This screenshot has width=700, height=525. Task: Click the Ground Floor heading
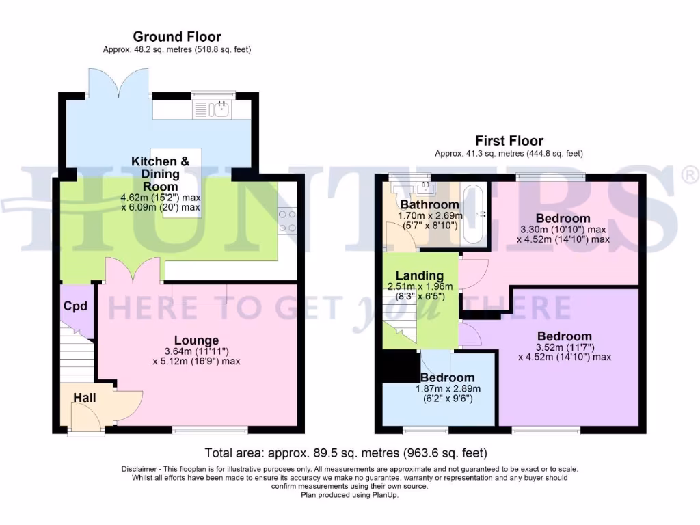tap(177, 37)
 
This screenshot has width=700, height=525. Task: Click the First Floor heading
tap(509, 142)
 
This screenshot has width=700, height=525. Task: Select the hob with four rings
tap(287, 221)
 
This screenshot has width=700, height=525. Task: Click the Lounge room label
tap(196, 340)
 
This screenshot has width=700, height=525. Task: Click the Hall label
tap(85, 398)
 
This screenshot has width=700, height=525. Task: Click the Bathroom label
tap(429, 204)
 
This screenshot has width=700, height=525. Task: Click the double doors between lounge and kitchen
tap(133, 271)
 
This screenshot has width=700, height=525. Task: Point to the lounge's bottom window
tap(209, 430)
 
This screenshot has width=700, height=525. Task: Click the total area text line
tap(346, 453)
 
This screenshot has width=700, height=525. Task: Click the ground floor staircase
tap(77, 355)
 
